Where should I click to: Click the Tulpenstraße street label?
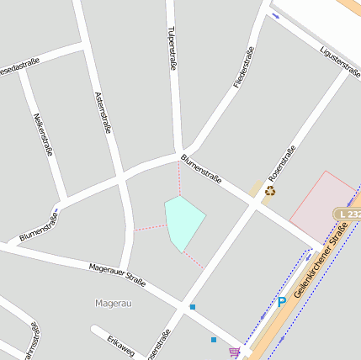pos(172,48)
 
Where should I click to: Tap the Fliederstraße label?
pos(244,67)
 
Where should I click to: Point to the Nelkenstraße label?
pos(44,135)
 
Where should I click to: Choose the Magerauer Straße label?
pos(118,275)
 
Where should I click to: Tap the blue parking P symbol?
pos(282,301)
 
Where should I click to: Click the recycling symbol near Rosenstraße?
pos(269,191)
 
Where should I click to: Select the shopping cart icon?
pos(234,352)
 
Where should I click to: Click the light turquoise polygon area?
pos(184,222)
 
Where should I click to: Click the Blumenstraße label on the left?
pos(39,228)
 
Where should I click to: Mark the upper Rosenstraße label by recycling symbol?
pos(281,165)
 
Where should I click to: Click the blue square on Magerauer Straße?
pos(193,307)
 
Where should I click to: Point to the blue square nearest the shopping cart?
pos(214,340)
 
